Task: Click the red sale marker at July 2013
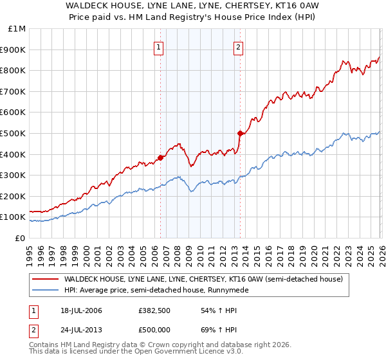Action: coord(240,133)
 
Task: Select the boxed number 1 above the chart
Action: coord(158,46)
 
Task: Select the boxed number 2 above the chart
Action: coord(238,46)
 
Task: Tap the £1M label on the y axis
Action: coord(17,28)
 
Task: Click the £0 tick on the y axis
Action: coord(20,238)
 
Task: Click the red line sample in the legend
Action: coord(46,280)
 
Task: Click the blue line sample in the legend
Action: coord(46,291)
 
